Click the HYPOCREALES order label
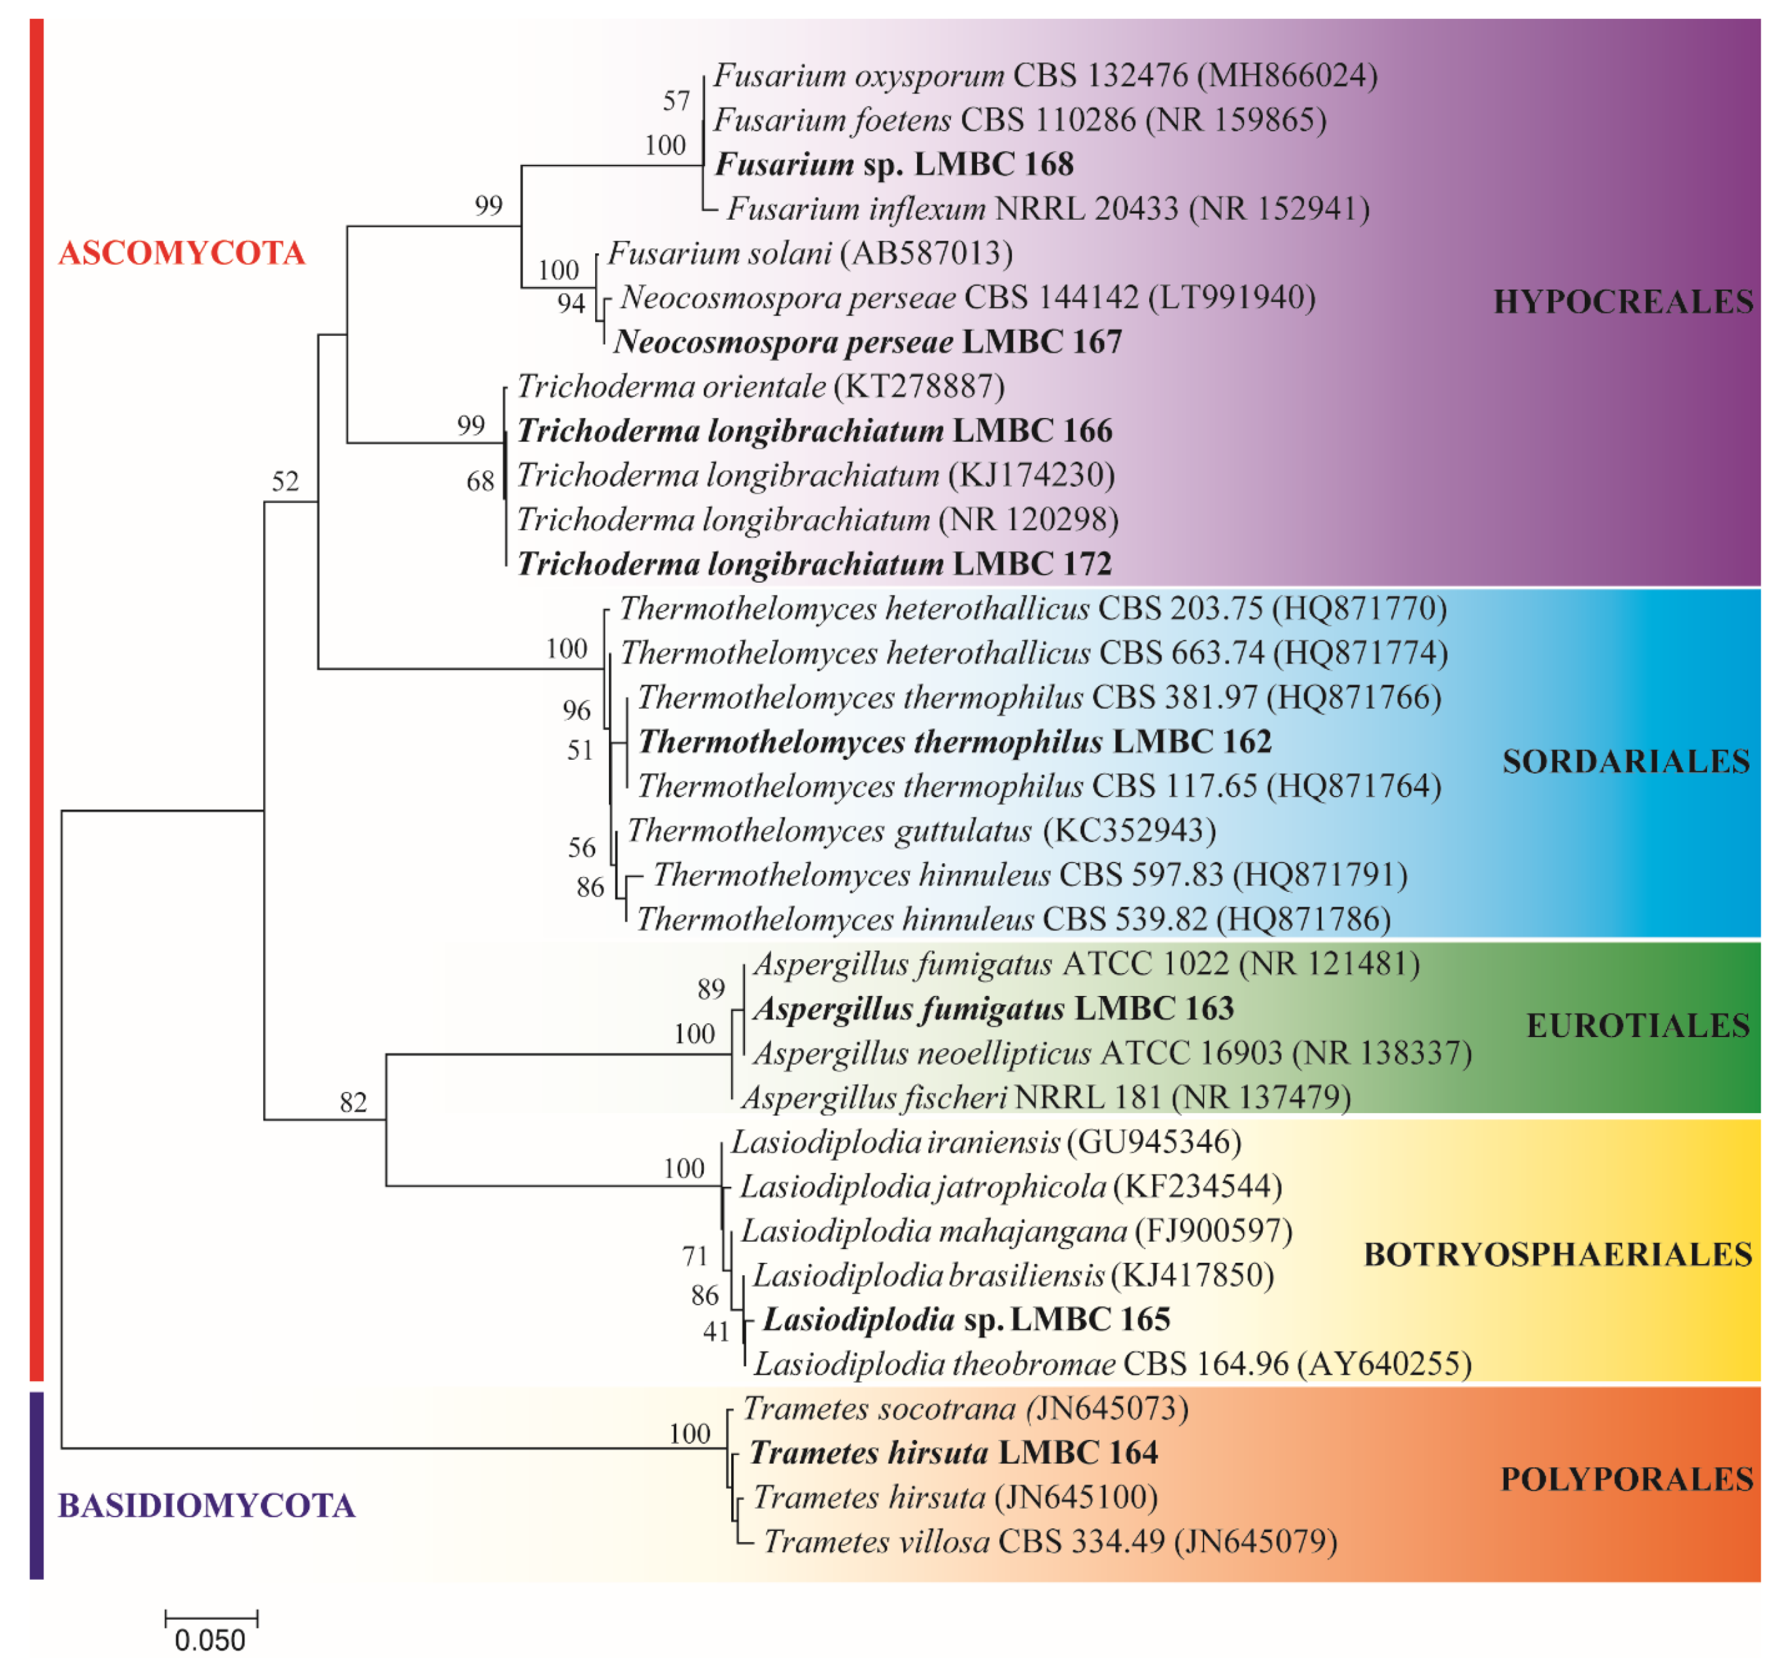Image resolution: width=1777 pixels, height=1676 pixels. point(1623,302)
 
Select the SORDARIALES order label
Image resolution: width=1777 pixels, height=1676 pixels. point(1625,762)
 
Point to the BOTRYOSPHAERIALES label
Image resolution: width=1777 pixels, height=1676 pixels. point(1557,1255)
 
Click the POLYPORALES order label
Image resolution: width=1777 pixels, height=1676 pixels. point(1626,1479)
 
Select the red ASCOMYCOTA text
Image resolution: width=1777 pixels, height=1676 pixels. point(181,253)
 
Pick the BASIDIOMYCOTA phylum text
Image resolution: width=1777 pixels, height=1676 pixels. point(207,1506)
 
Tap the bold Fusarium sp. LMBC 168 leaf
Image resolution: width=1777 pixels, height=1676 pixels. point(894,165)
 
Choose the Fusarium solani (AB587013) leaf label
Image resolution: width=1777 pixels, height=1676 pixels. point(810,254)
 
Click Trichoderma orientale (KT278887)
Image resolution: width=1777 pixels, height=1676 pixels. point(761,387)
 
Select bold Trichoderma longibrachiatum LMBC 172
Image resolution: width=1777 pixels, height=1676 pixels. point(814,565)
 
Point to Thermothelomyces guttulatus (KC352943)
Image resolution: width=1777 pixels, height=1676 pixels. point(921,831)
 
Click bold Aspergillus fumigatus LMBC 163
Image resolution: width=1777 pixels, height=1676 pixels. point(993,1009)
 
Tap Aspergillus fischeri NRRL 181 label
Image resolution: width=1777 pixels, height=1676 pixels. point(1046,1098)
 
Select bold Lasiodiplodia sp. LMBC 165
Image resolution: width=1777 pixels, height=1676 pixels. point(966,1320)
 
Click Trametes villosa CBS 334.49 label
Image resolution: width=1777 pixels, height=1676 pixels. point(1050,1543)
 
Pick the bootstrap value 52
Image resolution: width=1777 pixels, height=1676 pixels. point(285,483)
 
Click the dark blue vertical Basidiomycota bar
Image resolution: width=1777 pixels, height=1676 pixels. point(37,1484)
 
